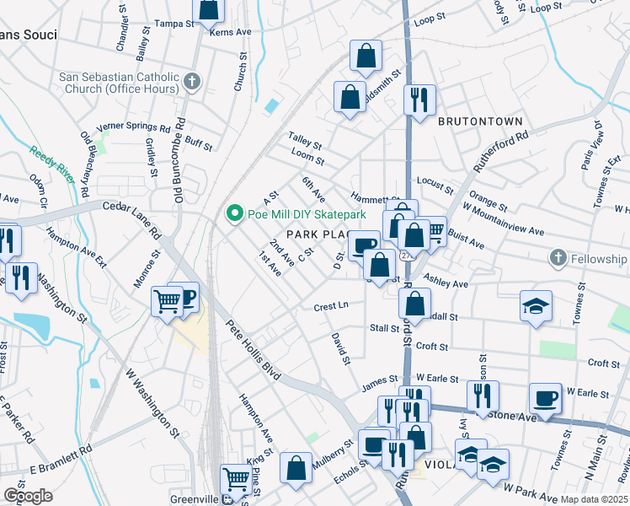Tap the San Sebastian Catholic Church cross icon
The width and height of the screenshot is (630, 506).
(x=192, y=82)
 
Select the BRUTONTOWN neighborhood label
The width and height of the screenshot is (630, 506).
(x=480, y=121)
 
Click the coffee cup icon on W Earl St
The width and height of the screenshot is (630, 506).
(x=544, y=396)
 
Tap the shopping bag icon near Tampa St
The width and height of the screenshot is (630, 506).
(x=209, y=9)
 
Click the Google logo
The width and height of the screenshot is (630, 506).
(x=28, y=495)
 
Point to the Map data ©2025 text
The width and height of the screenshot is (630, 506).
(x=595, y=499)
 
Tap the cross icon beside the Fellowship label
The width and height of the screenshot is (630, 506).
(x=558, y=257)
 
